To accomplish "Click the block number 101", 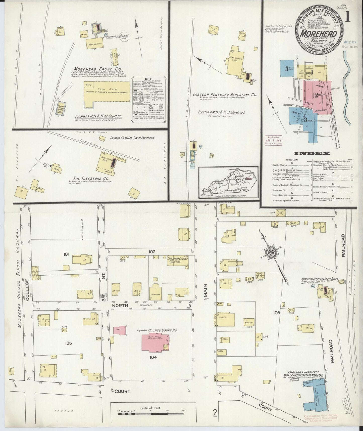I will (66, 254).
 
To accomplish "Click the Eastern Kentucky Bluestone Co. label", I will (225, 95).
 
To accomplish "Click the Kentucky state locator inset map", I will (229, 182).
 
